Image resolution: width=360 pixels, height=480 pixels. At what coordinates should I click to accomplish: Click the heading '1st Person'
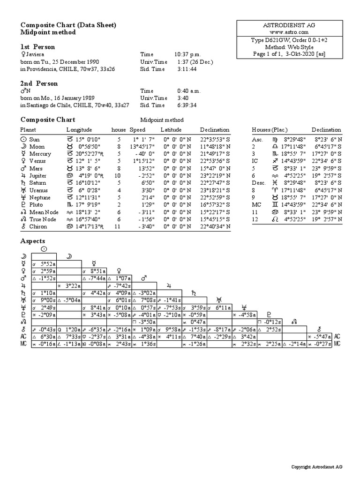(x=37, y=47)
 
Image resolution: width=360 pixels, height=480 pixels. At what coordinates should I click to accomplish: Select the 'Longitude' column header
(x=79, y=130)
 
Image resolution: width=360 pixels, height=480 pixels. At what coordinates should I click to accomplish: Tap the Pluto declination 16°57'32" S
(x=214, y=205)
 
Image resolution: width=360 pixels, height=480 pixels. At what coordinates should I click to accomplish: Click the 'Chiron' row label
(x=38, y=227)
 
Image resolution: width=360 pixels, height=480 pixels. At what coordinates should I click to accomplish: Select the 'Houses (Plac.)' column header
(x=270, y=130)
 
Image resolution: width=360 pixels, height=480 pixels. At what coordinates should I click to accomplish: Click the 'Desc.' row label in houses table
(x=259, y=183)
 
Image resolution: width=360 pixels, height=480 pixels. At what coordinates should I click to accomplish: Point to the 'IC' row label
(x=255, y=161)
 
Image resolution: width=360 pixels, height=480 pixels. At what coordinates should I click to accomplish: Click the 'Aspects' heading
(x=33, y=241)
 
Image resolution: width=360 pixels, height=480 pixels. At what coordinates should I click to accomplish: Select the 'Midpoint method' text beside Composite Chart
(x=162, y=120)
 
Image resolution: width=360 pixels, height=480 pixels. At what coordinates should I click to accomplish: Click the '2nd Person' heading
(x=39, y=83)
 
